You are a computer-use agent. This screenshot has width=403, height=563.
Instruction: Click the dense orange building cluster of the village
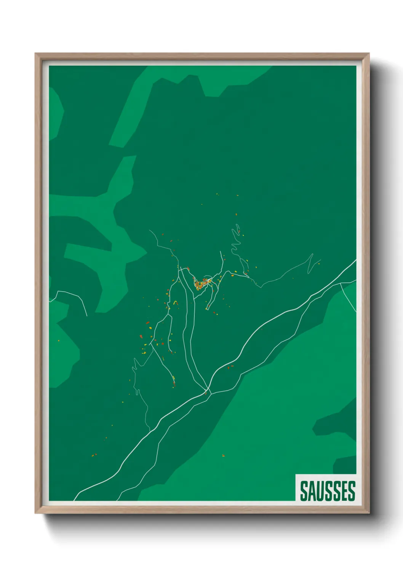[201, 283]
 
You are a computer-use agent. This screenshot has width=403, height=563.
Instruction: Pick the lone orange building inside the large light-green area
[223, 455]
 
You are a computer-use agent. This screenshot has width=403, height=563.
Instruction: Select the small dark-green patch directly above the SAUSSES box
[345, 464]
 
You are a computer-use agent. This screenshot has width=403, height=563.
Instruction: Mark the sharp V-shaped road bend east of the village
[310, 262]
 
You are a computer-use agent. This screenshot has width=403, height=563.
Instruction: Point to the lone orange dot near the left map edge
[58, 340]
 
